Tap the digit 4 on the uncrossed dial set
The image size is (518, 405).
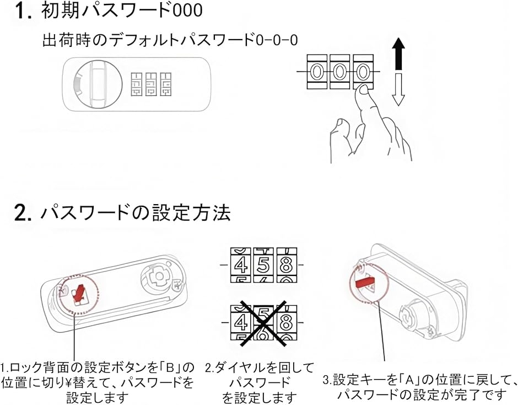point(240,266)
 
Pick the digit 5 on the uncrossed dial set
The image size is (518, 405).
point(264,266)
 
